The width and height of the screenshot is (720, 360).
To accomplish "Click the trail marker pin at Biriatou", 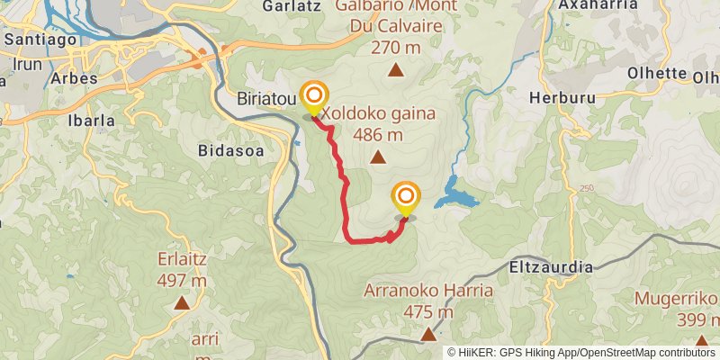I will (314, 98).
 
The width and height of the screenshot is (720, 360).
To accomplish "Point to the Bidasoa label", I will (231, 151).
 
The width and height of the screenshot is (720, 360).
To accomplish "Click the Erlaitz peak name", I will (182, 257).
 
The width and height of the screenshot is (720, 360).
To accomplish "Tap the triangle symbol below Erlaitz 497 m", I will (182, 303).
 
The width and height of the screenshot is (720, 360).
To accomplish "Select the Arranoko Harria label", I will (428, 291).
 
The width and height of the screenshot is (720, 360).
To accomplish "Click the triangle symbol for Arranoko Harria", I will (428, 335).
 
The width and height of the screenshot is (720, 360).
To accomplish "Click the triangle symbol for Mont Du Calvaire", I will (394, 69).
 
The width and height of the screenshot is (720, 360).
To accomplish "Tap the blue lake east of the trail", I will (456, 198).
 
